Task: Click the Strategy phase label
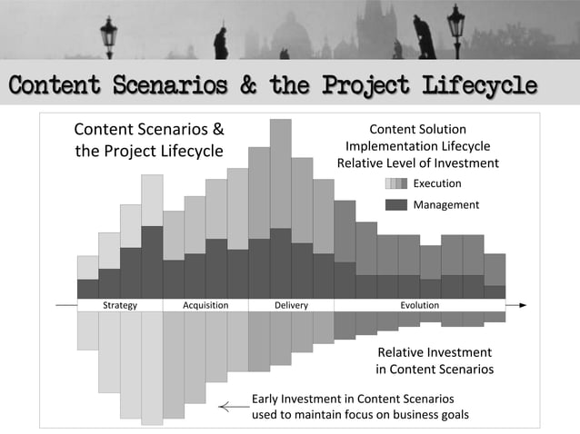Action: [x=120, y=305]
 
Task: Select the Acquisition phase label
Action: [x=205, y=305]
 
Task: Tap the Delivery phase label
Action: [x=291, y=305]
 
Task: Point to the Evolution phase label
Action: [x=420, y=305]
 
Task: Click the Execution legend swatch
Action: [x=395, y=183]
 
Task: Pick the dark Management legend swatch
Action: [x=395, y=204]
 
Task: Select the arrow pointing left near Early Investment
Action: [x=231, y=407]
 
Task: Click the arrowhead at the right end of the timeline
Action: [x=522, y=306]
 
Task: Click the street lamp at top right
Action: [x=455, y=27]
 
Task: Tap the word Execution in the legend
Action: [x=437, y=183]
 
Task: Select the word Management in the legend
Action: [x=445, y=204]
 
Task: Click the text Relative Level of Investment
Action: [x=417, y=163]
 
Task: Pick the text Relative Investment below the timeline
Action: [x=435, y=352]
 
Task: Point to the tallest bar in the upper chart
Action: [x=280, y=173]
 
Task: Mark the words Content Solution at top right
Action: [x=417, y=130]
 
